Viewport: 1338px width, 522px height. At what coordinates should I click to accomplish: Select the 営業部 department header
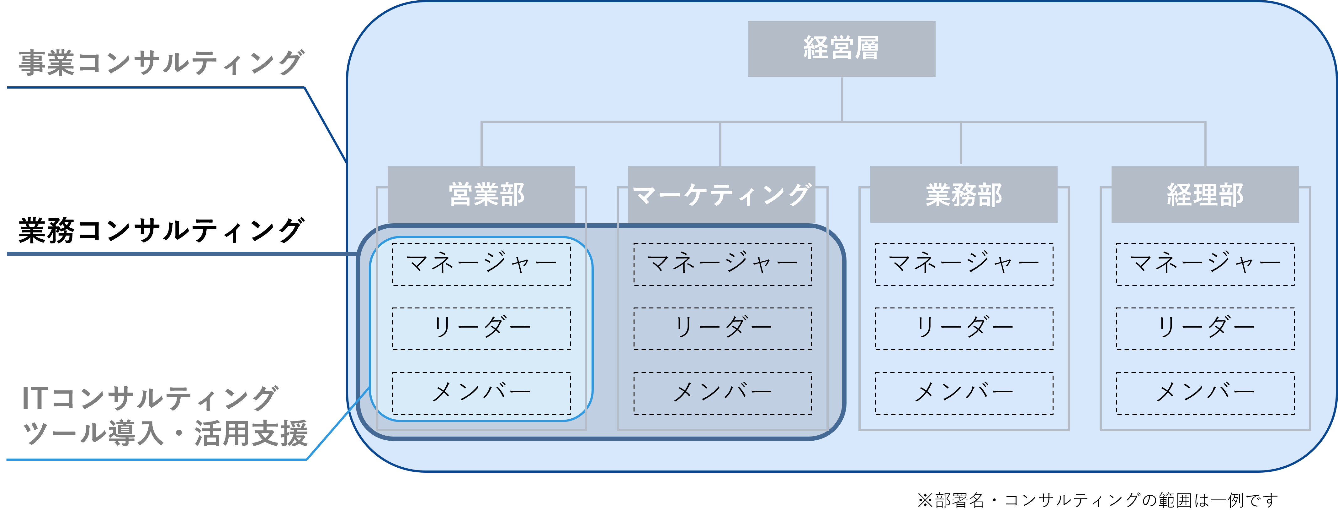click(481, 194)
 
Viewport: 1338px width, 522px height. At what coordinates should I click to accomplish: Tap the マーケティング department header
click(721, 194)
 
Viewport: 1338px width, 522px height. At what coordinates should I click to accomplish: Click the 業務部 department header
click(964, 194)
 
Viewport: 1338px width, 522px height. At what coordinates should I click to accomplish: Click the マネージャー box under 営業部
click(481, 264)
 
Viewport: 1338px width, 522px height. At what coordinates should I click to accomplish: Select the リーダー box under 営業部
click(481, 329)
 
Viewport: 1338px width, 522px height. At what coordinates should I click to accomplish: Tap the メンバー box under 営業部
click(481, 393)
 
